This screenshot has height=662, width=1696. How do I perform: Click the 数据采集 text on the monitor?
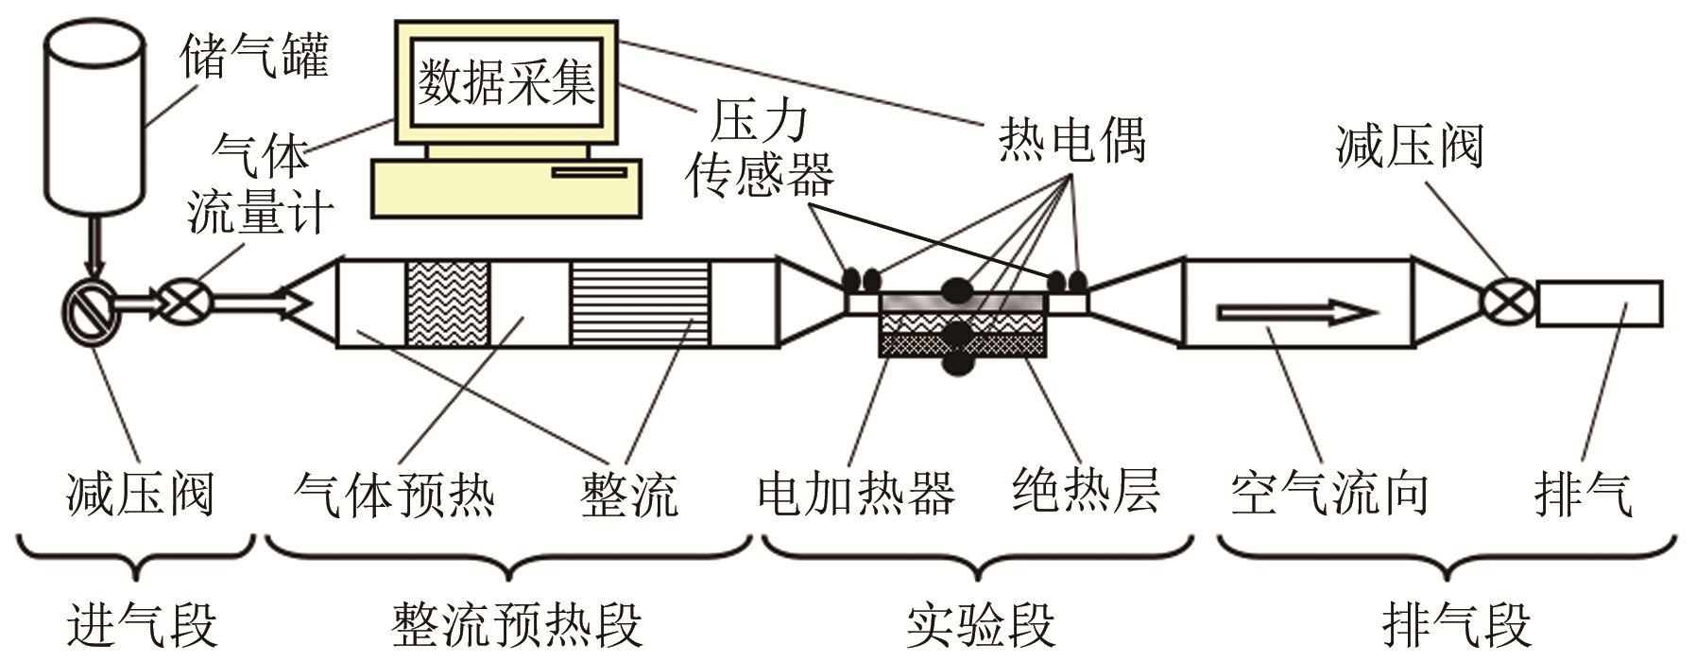coord(507,83)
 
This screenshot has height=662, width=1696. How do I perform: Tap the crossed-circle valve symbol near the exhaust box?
coord(1502,303)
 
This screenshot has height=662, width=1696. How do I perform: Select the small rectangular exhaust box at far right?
coord(1599,303)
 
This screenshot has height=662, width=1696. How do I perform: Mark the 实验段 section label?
coord(980,624)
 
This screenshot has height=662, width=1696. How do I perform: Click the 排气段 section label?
coord(1456,624)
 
